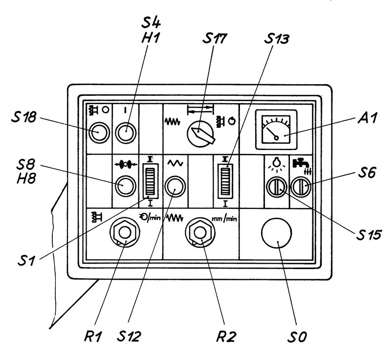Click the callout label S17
[215, 39]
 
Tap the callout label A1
[368, 117]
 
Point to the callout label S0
[297, 337]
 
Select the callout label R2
[226, 337]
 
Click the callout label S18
[24, 117]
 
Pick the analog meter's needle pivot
[276, 138]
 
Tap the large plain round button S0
[276, 233]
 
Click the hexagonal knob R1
[125, 232]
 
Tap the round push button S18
[99, 133]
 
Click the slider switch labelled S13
[225, 181]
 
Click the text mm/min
[224, 219]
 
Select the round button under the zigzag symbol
[175, 186]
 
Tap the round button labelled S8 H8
[126, 185]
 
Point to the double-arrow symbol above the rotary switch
[200, 110]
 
